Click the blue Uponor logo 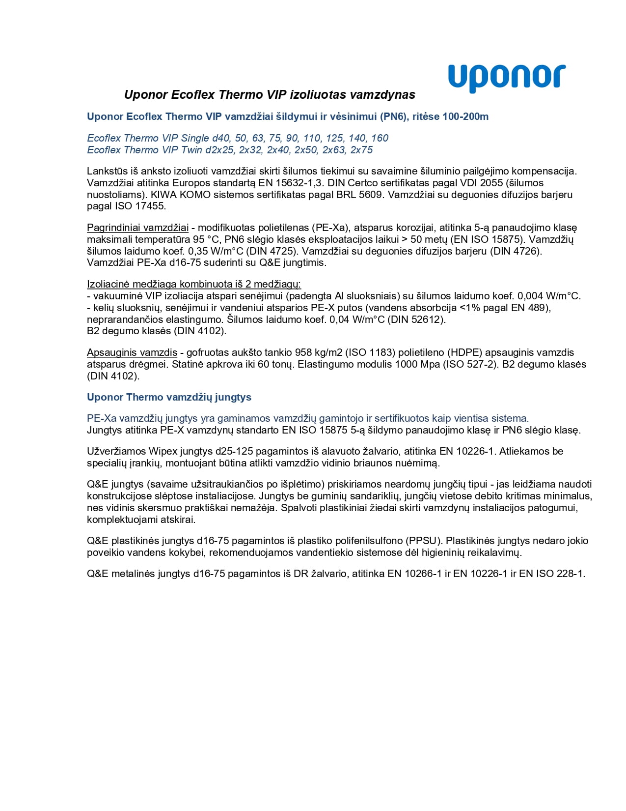pyautogui.click(x=507, y=77)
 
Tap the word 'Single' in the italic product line pyautogui.click(x=195, y=138)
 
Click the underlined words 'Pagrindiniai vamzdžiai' pyautogui.click(x=137, y=228)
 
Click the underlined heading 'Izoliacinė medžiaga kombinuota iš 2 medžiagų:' pyautogui.click(x=193, y=284)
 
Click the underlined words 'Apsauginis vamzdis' pyautogui.click(x=132, y=352)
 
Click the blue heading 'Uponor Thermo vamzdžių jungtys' pyautogui.click(x=169, y=397)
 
